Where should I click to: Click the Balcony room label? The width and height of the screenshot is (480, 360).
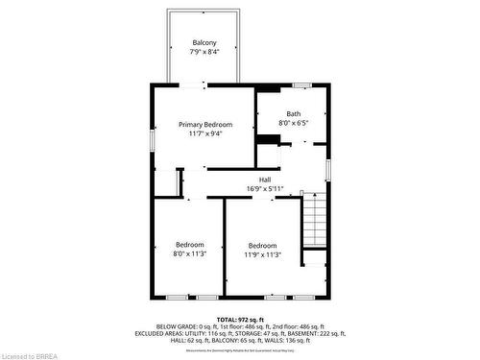[204, 42]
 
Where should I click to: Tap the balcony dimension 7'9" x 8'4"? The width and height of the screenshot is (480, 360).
[204, 52]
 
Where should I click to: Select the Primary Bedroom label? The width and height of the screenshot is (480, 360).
[205, 125]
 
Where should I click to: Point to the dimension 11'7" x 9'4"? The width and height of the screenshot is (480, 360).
[205, 134]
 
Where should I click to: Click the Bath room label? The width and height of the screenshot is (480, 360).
[293, 114]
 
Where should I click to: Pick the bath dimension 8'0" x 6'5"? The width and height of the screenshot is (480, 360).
[293, 123]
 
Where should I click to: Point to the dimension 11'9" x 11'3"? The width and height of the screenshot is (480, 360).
[262, 254]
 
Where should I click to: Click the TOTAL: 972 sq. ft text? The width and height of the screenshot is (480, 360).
[239, 318]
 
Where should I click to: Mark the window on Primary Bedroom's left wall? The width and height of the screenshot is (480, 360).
[151, 140]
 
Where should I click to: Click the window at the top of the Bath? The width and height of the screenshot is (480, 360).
[300, 86]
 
